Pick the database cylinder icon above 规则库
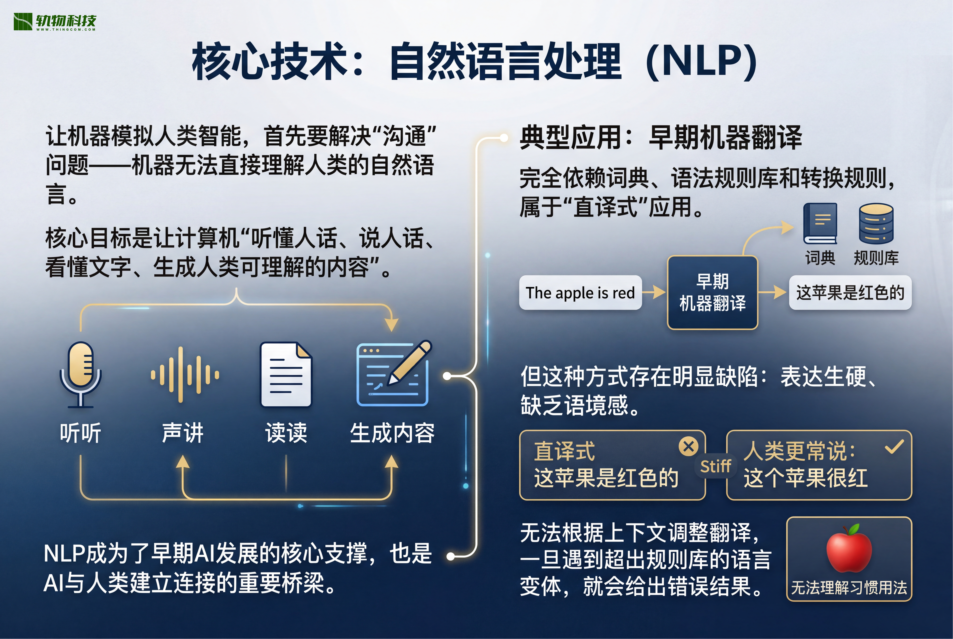pos(876,223)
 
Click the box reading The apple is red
pos(580,293)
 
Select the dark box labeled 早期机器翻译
pos(712,292)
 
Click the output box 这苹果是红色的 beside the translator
pos(850,293)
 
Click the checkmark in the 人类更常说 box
pos(894,447)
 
